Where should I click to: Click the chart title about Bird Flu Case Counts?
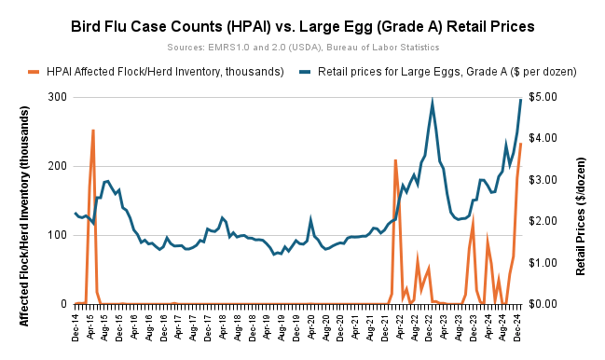[x=302, y=25]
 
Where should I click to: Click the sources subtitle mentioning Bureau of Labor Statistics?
[x=302, y=46]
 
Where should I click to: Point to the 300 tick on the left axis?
[x=57, y=97]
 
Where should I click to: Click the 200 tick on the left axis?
[x=57, y=166]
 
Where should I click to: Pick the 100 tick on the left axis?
[x=57, y=235]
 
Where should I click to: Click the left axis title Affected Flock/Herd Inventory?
[x=25, y=200]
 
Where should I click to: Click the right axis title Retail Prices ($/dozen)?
[x=580, y=200]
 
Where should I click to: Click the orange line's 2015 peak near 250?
[x=93, y=131]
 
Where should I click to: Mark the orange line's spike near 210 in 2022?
[x=395, y=160]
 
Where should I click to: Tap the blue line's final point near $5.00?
[x=520, y=99]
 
